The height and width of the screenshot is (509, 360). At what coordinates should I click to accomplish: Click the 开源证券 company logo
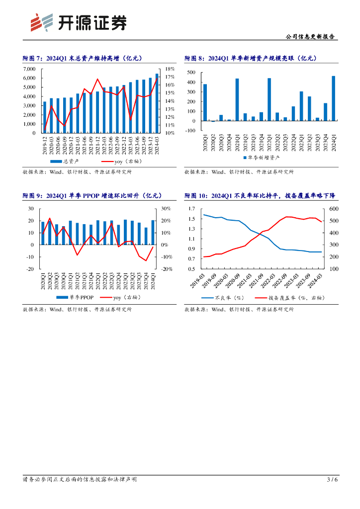pyautogui.click(x=77, y=22)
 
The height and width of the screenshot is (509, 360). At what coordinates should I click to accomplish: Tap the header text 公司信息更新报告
pyautogui.click(x=311, y=37)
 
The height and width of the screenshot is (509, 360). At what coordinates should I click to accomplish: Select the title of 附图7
pyautogui.click(x=83, y=58)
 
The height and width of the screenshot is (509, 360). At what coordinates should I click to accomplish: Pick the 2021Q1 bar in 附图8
pyautogui.click(x=237, y=99)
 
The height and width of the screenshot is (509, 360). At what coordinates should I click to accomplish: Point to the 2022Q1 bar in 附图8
pyautogui.click(x=269, y=99)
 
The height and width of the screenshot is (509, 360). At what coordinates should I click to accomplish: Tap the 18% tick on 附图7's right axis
pyautogui.click(x=170, y=69)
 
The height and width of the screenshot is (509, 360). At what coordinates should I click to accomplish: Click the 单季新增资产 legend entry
pyautogui.click(x=261, y=157)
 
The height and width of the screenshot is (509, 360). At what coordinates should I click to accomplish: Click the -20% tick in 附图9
pyautogui.click(x=166, y=269)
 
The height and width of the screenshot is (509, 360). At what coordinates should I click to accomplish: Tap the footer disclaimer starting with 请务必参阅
pyautogui.click(x=80, y=480)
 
